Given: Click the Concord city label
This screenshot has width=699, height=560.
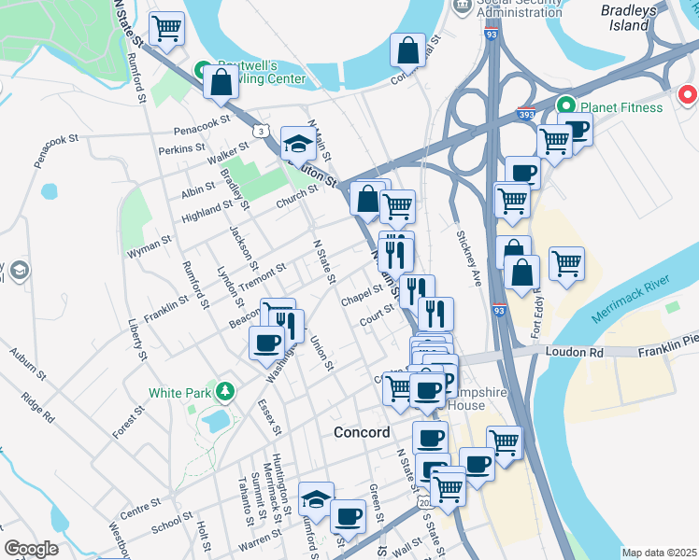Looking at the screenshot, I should (362, 433).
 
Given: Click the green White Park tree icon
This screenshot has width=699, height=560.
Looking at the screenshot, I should (223, 389).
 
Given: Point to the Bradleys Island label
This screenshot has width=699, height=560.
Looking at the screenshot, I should (629, 18).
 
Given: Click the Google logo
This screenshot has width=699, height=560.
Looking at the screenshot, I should (31, 549).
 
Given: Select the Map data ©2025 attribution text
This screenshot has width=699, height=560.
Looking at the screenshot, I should (660, 553).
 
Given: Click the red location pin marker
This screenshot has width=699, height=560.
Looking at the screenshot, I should (688, 94).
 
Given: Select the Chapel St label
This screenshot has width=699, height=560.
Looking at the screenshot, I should (363, 295).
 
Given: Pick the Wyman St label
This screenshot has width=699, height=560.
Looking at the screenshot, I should (150, 246).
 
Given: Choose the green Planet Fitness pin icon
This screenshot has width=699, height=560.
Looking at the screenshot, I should (564, 106).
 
